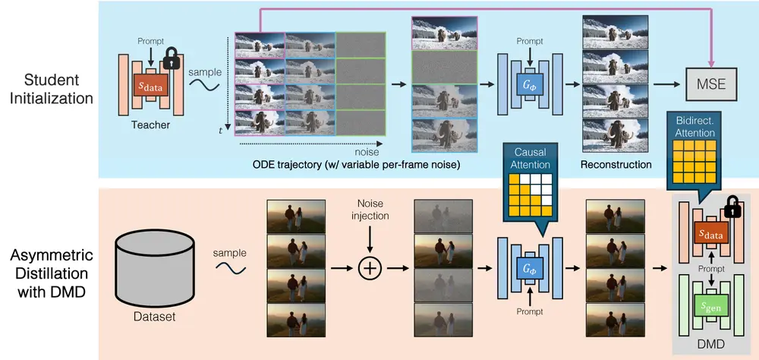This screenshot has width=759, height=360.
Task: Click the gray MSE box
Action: [712, 84]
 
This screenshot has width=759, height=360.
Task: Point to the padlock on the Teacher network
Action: [172, 58]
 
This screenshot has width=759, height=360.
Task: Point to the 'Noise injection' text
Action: [371, 211]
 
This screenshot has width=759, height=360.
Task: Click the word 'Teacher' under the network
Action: [152, 126]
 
